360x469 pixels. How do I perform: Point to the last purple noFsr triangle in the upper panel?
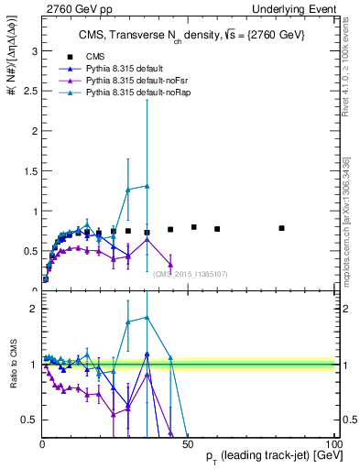(x=170, y=266)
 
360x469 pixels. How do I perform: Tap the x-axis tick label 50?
(x=187, y=444)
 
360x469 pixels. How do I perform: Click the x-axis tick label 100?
(x=333, y=444)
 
